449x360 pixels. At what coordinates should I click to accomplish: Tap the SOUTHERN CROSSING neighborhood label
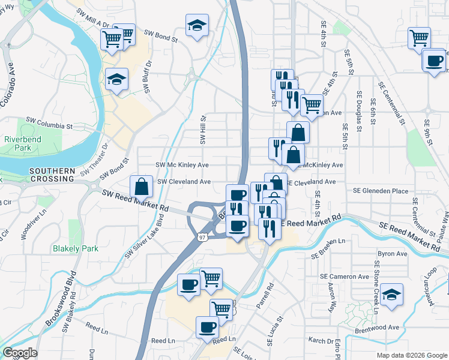click(52, 175)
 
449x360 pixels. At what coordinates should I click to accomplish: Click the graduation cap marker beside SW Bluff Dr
click(116, 79)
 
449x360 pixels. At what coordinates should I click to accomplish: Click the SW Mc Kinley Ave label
click(182, 165)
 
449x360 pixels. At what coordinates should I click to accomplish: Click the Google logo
click(20, 353)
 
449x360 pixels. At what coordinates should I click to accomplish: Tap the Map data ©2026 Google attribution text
click(411, 355)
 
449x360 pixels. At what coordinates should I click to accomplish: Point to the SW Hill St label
click(203, 130)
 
